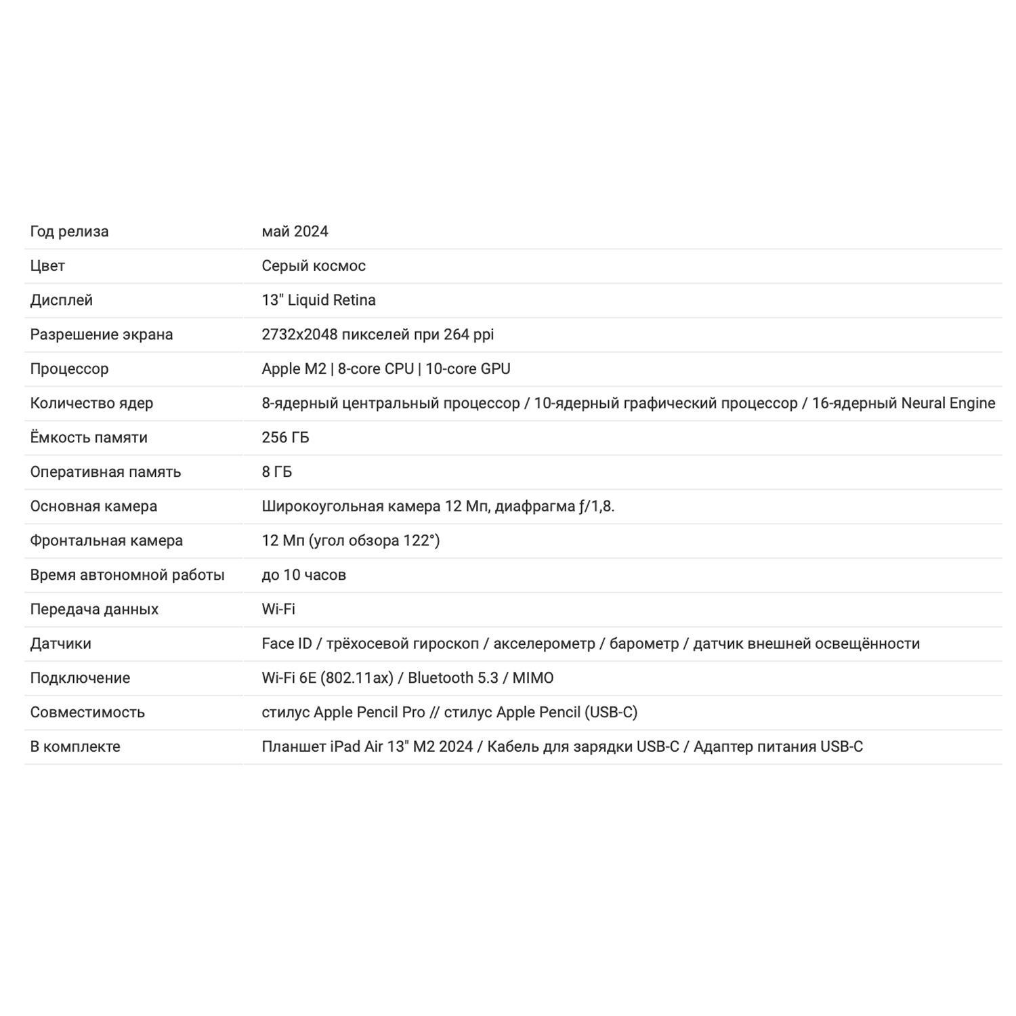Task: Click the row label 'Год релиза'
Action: tap(69, 232)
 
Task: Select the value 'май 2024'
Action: tap(295, 232)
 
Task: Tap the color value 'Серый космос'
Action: tap(314, 266)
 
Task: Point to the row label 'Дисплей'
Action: tap(61, 300)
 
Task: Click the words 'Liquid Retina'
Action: tap(332, 300)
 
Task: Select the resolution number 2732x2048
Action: tap(299, 335)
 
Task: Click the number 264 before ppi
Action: tap(457, 335)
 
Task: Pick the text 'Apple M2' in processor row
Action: tap(294, 369)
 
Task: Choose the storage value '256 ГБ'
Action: tap(285, 438)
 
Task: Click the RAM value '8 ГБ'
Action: tap(277, 472)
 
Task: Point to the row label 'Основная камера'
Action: tap(93, 507)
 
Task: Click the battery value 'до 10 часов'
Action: tap(303, 575)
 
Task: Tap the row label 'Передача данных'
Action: tap(94, 610)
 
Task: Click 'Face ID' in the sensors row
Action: tap(287, 643)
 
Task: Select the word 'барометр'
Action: tap(644, 643)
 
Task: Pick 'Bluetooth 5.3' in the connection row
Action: tap(453, 678)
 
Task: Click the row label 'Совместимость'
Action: tap(87, 713)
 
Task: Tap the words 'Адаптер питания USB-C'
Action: tap(778, 746)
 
